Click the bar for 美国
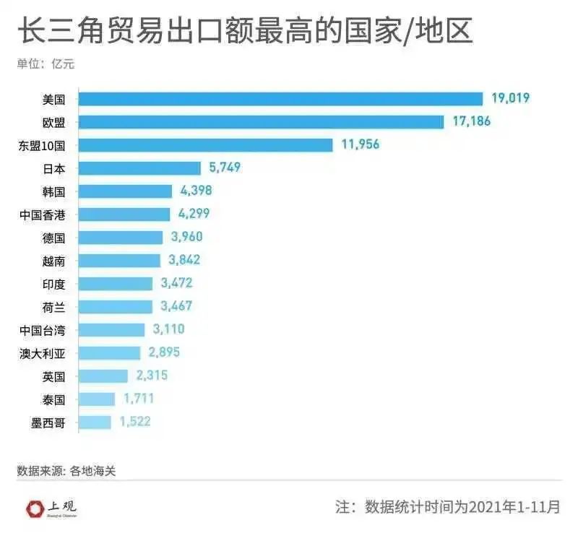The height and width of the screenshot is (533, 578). tap(280, 99)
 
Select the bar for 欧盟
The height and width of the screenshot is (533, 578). tap(261, 122)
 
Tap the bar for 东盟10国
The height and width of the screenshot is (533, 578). tap(205, 145)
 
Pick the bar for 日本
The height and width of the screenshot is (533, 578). tap(139, 168)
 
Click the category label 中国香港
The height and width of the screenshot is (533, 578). tap(43, 214)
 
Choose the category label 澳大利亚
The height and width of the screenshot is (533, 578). tap(43, 353)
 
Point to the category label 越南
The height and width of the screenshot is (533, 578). tap(53, 261)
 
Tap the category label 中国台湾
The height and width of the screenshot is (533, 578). tap(43, 330)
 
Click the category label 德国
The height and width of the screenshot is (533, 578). tap(53, 238)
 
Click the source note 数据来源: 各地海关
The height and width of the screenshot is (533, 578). tap(66, 471)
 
